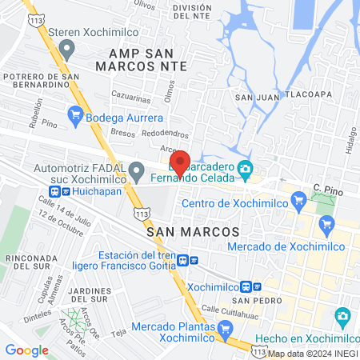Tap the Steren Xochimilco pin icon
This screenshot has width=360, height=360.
pos(67,50)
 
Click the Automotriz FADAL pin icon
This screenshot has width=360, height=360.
pos(137,170)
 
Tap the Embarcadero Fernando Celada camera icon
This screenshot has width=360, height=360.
pos(246,168)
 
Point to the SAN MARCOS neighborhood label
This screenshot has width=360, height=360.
pos(194,230)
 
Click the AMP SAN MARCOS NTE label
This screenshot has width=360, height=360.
pos(142,59)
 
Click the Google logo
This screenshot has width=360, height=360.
pos(26,350)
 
